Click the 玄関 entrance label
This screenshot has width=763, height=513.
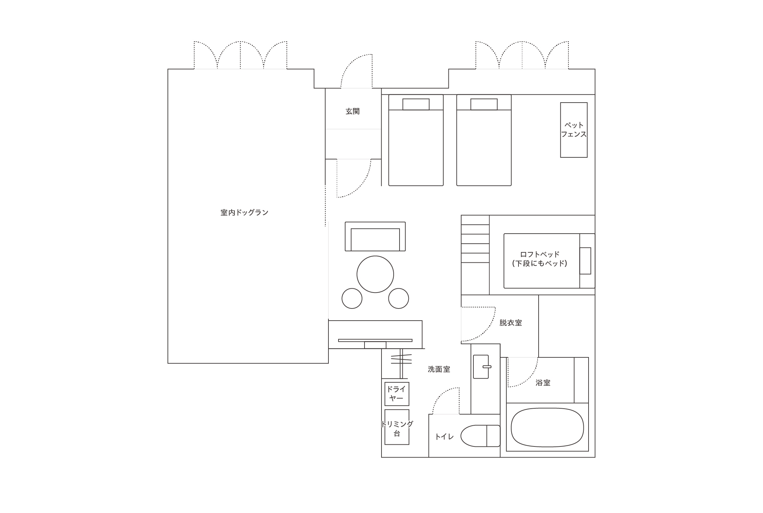(352, 111)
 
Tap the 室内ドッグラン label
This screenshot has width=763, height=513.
(245, 212)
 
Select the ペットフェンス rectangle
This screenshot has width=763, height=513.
(574, 130)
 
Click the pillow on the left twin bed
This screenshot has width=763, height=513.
(416, 104)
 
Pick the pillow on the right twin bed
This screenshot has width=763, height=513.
(484, 104)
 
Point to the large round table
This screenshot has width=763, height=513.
(375, 274)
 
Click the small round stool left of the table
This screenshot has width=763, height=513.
(352, 298)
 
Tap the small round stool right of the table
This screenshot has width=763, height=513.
(398, 298)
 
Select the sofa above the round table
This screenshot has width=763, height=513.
(375, 236)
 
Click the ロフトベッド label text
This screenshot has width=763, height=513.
(540, 254)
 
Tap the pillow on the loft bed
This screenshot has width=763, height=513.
(585, 261)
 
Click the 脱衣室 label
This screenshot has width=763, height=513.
(511, 323)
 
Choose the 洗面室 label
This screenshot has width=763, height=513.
(439, 369)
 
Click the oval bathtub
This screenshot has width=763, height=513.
(547, 427)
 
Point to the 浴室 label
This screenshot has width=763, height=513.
(543, 383)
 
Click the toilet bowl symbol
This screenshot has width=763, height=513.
(480, 436)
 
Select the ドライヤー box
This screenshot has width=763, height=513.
(397, 394)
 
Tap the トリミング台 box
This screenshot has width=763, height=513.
(397, 427)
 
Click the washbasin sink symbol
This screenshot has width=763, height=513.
(481, 367)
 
